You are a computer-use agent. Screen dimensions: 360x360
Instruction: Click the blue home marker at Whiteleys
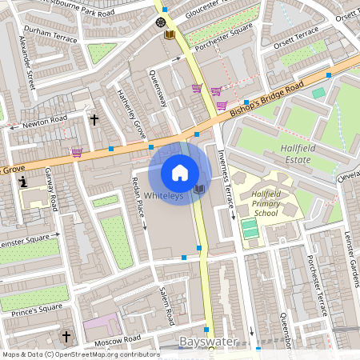tap(180, 173)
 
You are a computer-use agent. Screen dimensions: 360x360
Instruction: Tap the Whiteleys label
tap(165, 196)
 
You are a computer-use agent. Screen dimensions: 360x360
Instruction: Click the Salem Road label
tap(166, 306)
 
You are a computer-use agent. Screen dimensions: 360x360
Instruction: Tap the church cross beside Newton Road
tap(94, 121)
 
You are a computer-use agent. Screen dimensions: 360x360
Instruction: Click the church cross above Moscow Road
tap(66, 336)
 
